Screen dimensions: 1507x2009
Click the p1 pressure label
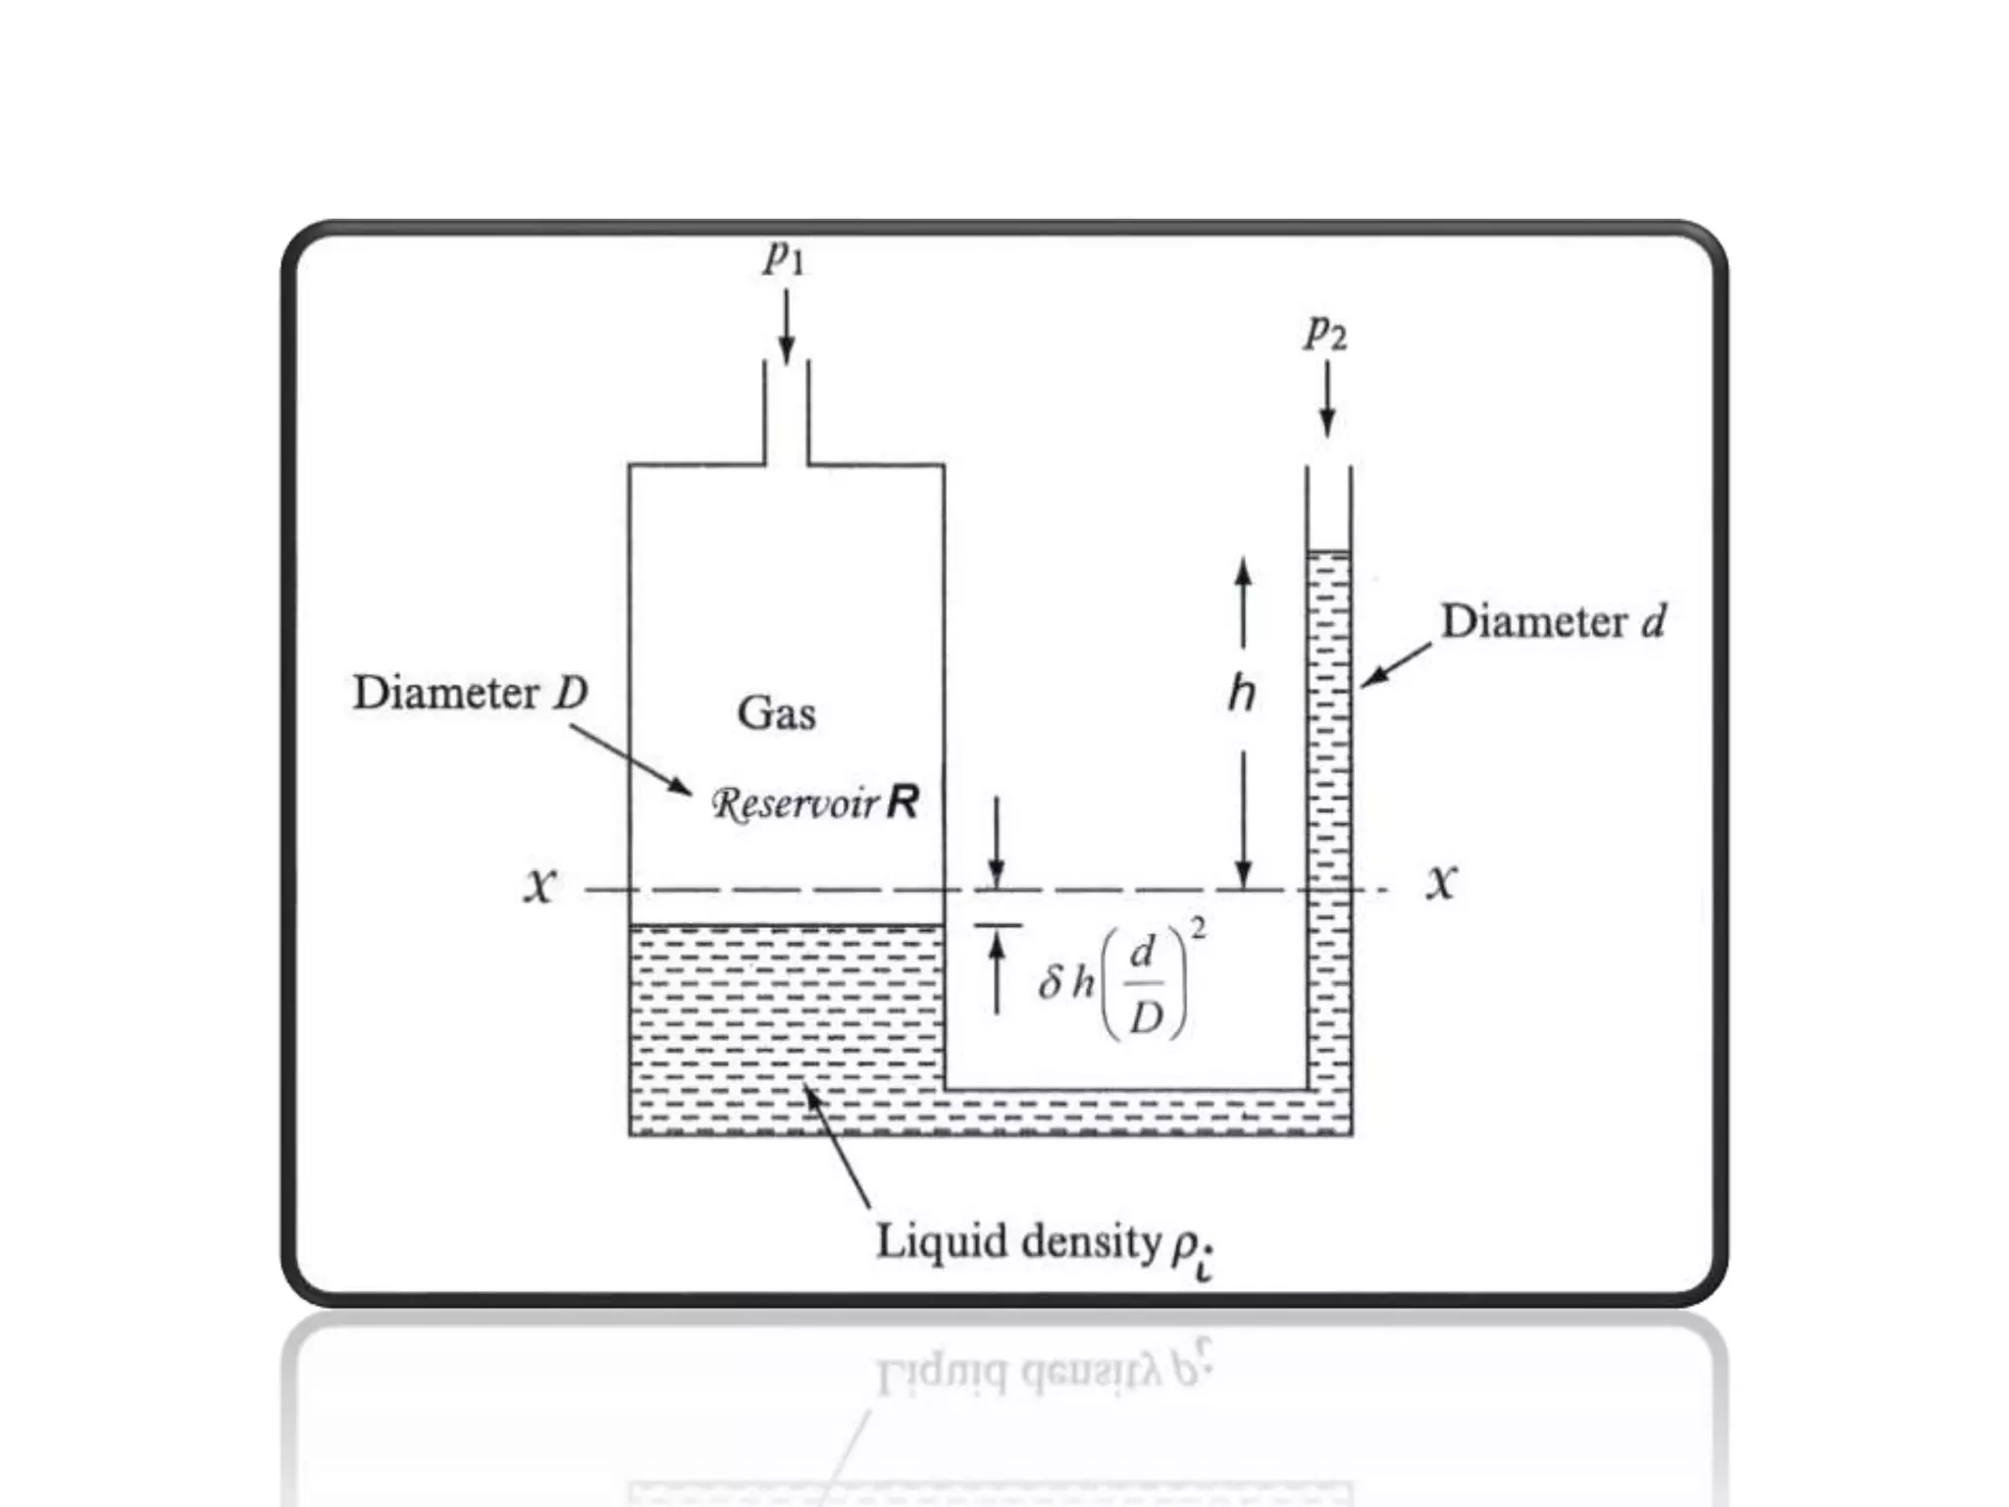pos(785,257)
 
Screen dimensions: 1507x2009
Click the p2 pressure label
pos(1325,334)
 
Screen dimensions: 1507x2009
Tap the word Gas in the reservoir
pos(776,712)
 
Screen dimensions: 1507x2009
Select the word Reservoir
pos(796,804)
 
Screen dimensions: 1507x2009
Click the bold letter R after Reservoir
pos(902,803)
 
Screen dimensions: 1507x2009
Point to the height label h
pos(1242,695)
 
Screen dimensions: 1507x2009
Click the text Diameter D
pos(470,693)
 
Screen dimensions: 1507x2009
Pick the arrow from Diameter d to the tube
pos(1395,664)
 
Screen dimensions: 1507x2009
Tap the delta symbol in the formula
pos(1051,981)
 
